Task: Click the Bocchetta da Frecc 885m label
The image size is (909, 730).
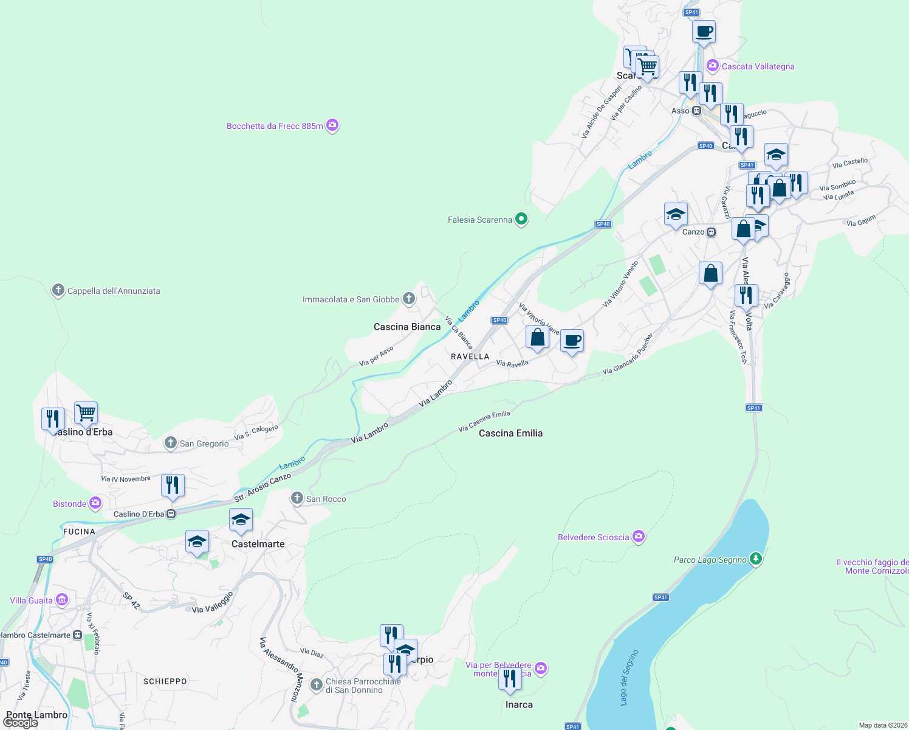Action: click(275, 126)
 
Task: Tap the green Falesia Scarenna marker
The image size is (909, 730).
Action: click(521, 219)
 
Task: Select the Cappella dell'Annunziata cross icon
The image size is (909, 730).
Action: click(58, 290)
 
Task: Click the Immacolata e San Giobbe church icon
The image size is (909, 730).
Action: click(409, 299)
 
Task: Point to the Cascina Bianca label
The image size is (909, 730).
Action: click(407, 327)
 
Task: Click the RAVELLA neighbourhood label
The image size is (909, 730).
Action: click(470, 356)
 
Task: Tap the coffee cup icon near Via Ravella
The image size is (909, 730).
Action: click(571, 341)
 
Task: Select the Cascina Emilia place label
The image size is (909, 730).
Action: click(510, 433)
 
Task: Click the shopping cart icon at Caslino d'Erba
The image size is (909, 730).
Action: click(86, 413)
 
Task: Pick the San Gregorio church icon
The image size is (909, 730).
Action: click(171, 443)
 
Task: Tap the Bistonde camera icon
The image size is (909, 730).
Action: click(95, 503)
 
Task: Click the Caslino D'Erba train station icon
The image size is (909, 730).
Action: click(171, 514)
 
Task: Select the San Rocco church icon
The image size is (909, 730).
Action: click(297, 499)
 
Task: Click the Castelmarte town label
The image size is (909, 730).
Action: click(258, 544)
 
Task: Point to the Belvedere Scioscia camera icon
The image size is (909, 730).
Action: click(638, 537)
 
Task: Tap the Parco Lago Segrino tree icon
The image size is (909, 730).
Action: click(755, 558)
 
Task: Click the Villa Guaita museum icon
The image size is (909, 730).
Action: click(62, 600)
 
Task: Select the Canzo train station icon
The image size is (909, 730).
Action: click(711, 232)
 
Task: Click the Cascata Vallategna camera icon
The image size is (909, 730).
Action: click(713, 66)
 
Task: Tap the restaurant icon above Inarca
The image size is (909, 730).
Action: click(510, 678)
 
